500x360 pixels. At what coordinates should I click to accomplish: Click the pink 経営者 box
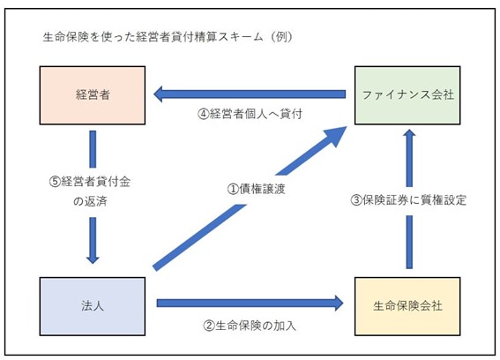coord(93,95)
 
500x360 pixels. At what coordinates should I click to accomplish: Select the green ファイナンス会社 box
coord(407,95)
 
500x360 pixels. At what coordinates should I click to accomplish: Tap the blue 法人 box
coord(93,306)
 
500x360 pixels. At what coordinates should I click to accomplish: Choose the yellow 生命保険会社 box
coord(407,306)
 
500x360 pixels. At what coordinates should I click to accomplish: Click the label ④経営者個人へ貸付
coord(250,114)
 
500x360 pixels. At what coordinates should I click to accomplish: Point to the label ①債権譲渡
coord(256,189)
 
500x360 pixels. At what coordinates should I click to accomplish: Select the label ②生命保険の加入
coord(250,326)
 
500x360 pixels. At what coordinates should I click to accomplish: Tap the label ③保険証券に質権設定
coord(408,200)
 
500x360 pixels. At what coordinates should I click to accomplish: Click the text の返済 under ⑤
coord(90,201)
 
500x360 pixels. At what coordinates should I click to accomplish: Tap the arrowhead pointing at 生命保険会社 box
coord(339,303)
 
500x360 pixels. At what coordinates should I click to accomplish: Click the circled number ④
coord(203,114)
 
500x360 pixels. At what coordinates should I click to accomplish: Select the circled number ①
coord(233,189)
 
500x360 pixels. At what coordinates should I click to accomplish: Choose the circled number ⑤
coord(55,182)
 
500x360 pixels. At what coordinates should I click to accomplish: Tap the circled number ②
coord(209,326)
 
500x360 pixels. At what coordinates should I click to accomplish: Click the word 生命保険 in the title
coord(66,37)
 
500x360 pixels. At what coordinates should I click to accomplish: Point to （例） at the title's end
coord(280,37)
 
